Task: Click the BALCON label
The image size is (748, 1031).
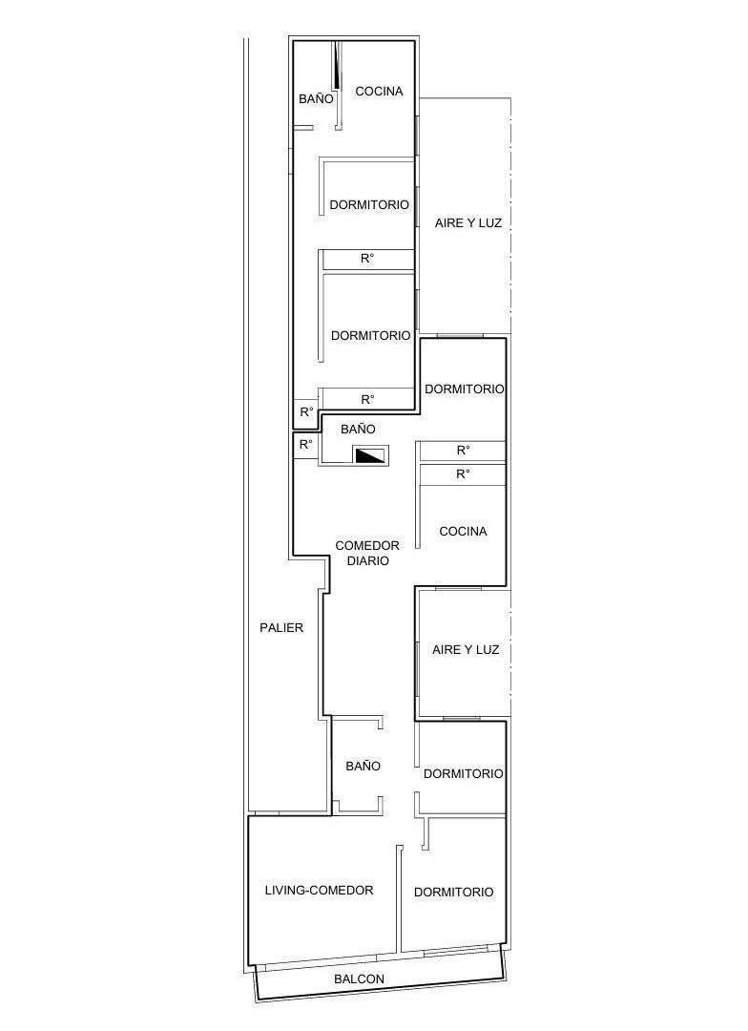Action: (x=359, y=978)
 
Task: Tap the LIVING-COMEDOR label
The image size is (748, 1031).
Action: (x=319, y=891)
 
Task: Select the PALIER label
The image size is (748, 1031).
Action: (x=281, y=627)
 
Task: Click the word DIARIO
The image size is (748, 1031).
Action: (x=367, y=561)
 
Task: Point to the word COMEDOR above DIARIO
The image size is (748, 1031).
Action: (x=367, y=546)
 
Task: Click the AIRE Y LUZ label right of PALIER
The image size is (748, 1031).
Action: (x=466, y=649)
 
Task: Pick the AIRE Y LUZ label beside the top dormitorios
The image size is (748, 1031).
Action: (x=468, y=223)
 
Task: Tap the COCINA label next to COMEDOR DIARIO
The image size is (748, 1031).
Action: (x=463, y=531)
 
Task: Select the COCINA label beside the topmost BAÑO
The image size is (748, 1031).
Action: (x=379, y=92)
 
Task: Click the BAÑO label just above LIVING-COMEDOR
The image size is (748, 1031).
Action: (x=363, y=766)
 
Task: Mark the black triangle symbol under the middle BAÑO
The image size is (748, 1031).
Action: (x=369, y=455)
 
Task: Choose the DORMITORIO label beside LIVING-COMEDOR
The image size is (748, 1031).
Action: (x=453, y=892)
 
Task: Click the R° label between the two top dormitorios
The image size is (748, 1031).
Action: (x=367, y=259)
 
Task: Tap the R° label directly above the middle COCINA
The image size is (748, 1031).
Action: (x=463, y=473)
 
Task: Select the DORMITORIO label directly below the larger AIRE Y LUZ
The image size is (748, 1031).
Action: (x=465, y=389)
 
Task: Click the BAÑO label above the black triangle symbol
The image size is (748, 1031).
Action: (x=358, y=430)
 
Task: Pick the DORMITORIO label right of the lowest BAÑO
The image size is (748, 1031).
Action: (x=463, y=773)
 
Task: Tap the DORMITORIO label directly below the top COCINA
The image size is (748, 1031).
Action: (x=369, y=204)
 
